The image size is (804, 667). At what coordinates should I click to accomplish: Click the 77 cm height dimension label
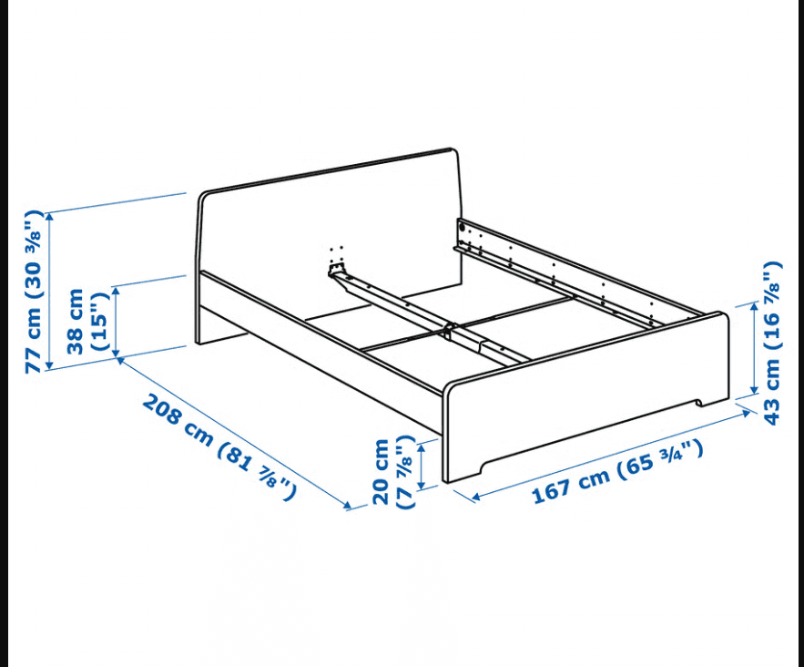[34, 292]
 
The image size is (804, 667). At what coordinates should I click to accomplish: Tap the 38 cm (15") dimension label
[88, 321]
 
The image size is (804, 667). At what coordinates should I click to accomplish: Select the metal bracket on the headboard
[337, 270]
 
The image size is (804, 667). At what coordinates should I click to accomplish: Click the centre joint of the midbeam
[450, 331]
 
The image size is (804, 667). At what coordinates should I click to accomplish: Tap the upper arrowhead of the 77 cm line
[49, 216]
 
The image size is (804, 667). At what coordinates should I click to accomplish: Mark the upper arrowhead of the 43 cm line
[754, 307]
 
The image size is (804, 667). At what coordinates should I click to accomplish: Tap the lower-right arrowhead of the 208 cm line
[348, 506]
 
